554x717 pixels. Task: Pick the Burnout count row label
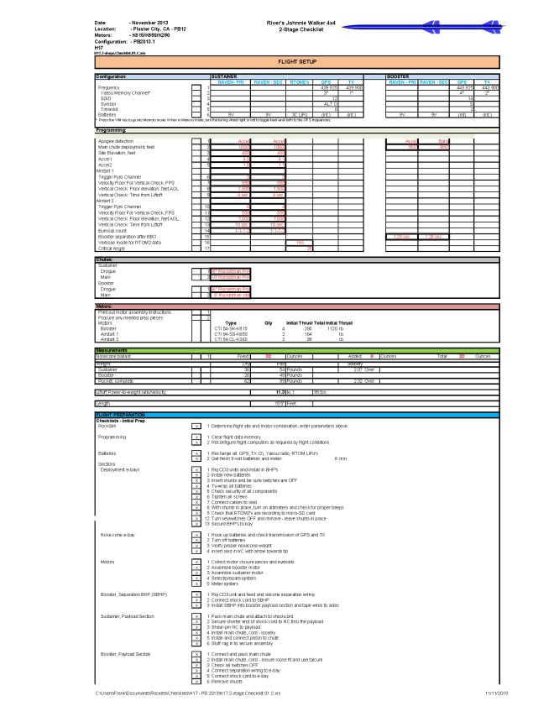[114, 230]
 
